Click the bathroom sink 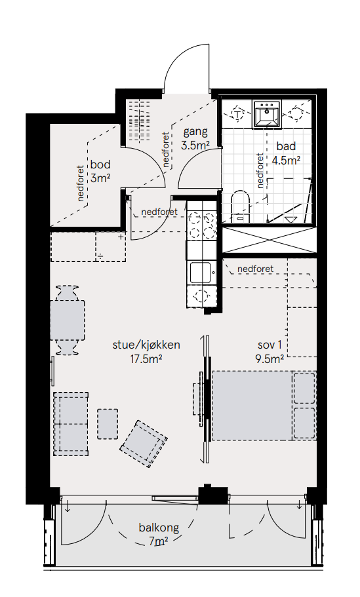[x=267, y=113]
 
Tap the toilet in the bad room [x=240, y=206]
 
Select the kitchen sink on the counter [x=201, y=273]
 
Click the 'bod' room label [x=100, y=164]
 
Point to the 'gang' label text [x=196, y=132]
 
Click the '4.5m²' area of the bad [x=286, y=160]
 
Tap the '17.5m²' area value [x=146, y=358]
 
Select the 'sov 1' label [x=270, y=345]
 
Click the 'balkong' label [x=159, y=528]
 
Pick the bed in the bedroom [x=264, y=406]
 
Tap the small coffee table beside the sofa [x=108, y=424]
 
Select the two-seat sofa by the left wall [x=71, y=424]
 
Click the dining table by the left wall [x=68, y=320]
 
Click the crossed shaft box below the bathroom [x=270, y=240]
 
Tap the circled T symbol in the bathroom [x=238, y=113]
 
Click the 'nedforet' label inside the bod [x=81, y=183]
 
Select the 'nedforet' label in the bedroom [x=255, y=269]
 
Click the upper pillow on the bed [x=304, y=388]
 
